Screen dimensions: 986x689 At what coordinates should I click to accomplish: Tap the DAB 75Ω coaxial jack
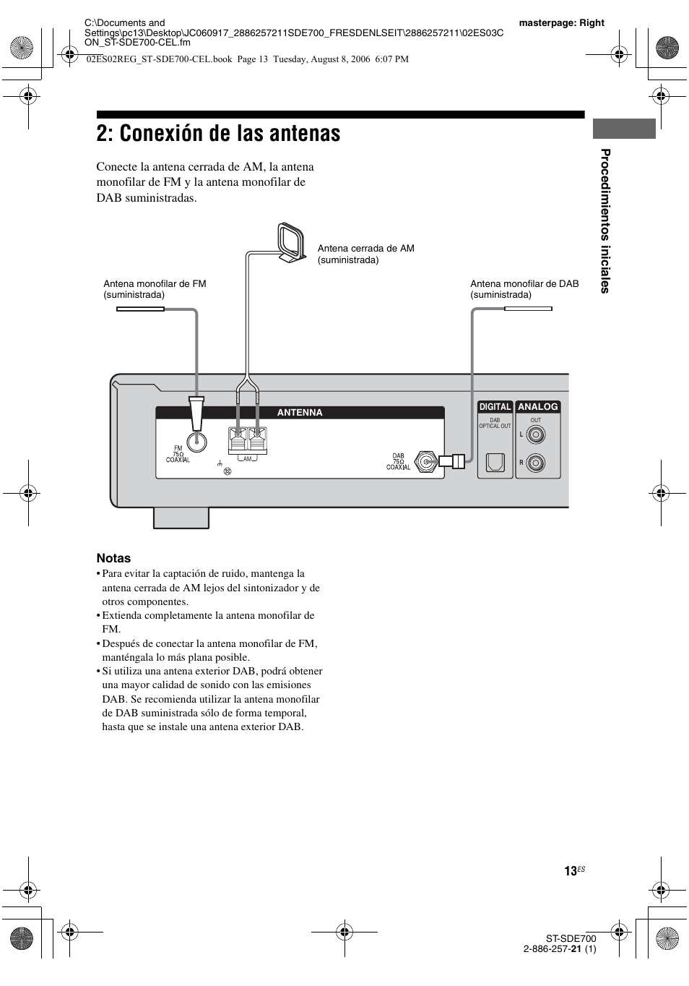(428, 462)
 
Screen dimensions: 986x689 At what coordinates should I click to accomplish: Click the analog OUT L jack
(536, 434)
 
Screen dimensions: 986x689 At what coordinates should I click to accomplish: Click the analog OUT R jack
(536, 462)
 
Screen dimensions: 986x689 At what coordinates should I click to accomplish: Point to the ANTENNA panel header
(300, 413)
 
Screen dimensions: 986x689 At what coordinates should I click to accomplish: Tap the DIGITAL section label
(495, 407)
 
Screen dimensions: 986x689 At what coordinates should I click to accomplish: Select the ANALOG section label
(538, 407)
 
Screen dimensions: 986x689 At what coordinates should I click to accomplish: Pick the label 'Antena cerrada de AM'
(365, 249)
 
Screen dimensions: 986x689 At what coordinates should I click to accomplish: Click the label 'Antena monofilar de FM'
(155, 284)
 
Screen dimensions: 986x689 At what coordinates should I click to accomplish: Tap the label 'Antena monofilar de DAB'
(524, 284)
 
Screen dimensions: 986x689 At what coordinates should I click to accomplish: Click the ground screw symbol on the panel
(227, 471)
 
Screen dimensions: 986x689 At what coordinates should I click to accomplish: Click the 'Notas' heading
(113, 558)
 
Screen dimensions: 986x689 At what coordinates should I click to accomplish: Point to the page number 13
(570, 872)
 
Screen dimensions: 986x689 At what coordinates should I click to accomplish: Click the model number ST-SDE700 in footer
(571, 938)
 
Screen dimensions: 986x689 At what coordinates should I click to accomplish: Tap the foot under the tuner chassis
(181, 518)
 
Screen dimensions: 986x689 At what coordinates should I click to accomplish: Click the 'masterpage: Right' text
(561, 23)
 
